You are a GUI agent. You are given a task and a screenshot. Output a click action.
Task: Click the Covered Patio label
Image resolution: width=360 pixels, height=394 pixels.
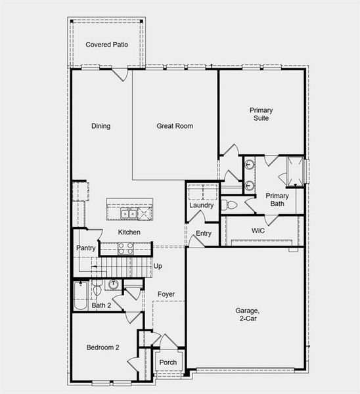coord(106,45)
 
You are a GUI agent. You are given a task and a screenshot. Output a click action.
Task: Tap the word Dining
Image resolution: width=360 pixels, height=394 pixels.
coord(101,126)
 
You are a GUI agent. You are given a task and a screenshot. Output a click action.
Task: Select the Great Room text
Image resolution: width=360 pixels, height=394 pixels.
coord(175,126)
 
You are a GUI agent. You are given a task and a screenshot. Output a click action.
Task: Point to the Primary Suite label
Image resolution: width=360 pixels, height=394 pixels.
coord(261,114)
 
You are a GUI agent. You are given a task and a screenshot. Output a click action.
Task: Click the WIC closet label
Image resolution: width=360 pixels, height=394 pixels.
coord(258,231)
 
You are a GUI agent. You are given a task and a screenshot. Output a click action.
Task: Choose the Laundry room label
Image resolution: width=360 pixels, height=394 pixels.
coord(202,206)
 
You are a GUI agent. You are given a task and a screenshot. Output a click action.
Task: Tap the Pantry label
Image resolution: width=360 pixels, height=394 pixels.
coord(86,248)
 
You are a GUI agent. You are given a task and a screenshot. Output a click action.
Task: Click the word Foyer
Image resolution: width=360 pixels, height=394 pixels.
coord(167,294)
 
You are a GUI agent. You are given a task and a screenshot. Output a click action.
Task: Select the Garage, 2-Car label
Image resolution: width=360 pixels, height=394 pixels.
coord(248,315)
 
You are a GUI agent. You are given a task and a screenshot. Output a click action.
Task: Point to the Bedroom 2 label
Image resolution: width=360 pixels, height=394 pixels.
coord(102,347)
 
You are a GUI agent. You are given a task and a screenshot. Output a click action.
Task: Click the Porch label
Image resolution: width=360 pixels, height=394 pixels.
coord(168,362)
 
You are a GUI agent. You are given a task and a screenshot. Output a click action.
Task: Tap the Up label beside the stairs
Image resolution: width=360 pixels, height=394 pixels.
coord(158,266)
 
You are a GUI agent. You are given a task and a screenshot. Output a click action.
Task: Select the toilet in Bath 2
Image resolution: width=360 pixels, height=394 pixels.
coord(97,289)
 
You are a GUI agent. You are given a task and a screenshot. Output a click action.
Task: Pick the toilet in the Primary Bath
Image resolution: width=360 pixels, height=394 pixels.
coord(229,205)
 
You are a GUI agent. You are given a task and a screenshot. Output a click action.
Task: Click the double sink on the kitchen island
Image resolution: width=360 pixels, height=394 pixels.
coord(129,213)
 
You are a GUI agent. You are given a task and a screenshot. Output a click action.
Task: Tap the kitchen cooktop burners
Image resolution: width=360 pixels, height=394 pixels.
coord(125,248)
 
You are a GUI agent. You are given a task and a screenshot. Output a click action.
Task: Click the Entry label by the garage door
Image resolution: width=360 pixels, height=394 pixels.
coord(204,234)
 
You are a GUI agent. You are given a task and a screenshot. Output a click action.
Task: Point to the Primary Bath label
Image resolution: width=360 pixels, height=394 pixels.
coord(277,200)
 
